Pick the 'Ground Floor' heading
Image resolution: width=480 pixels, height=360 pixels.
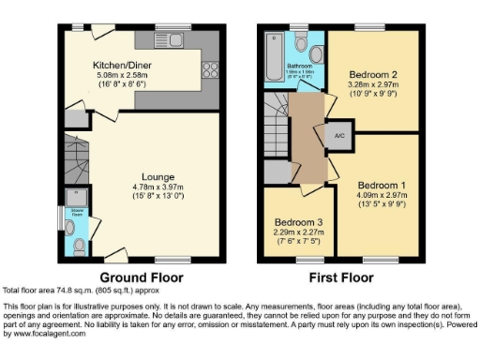[x=141, y=277]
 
